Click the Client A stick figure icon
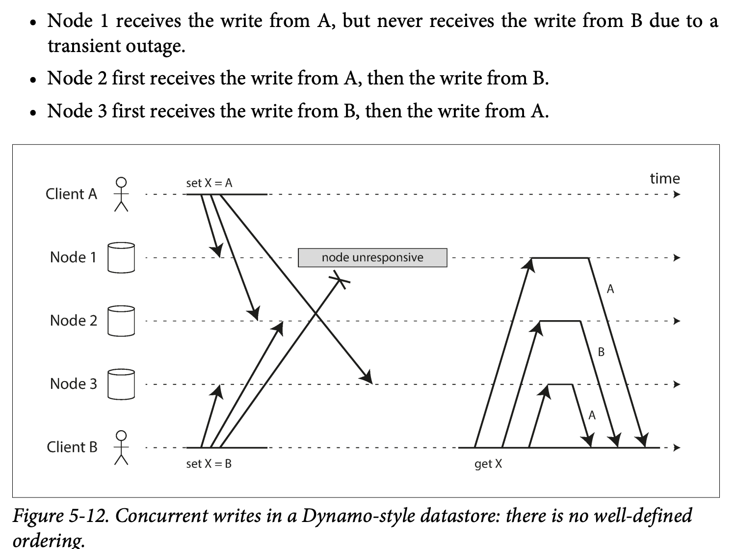coord(121,194)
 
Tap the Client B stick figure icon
coord(121,448)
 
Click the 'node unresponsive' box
coord(372,258)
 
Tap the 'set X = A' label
coord(209,183)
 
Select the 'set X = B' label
coord(209,464)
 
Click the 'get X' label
coord(488,464)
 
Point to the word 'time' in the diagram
coord(665,178)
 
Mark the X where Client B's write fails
coord(339,280)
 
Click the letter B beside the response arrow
coord(602,352)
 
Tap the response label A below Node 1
coord(610,289)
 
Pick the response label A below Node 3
coord(592,415)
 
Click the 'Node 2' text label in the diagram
coord(74,321)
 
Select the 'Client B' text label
coord(72,447)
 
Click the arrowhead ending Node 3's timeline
coord(677,384)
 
